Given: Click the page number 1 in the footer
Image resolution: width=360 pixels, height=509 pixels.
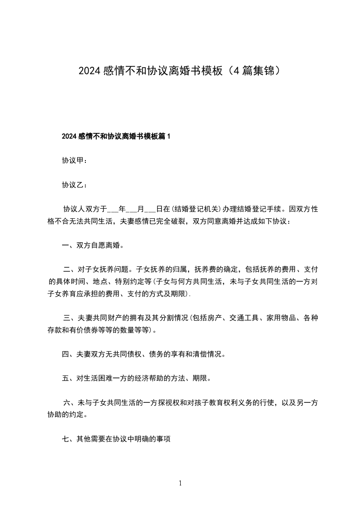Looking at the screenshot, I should tap(180, 484).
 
